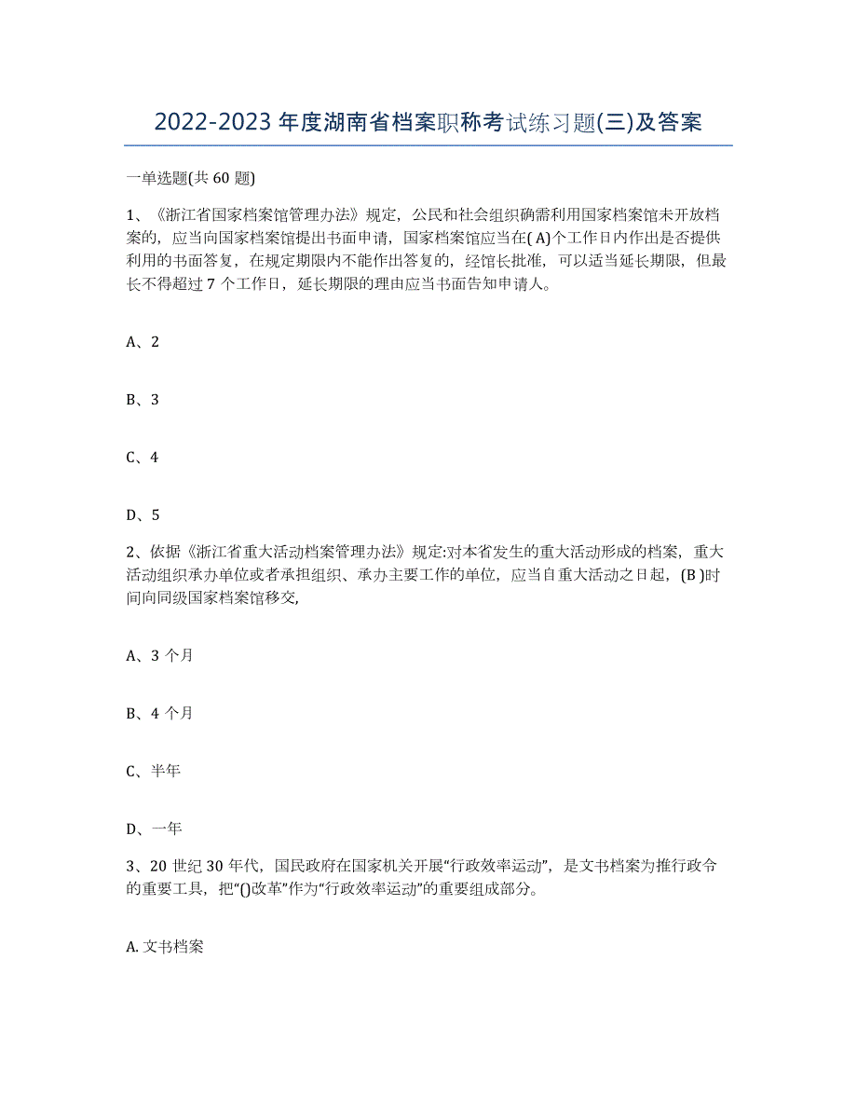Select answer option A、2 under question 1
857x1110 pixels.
point(143,342)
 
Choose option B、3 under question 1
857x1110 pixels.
point(143,400)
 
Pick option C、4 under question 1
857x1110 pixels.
point(143,458)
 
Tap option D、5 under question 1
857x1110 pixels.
point(143,514)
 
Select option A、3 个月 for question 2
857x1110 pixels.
point(159,655)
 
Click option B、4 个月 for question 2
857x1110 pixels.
point(159,713)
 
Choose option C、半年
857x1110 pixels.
point(154,771)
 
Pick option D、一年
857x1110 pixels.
point(154,829)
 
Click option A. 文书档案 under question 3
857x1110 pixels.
point(164,947)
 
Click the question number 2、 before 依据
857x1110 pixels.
point(134,554)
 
